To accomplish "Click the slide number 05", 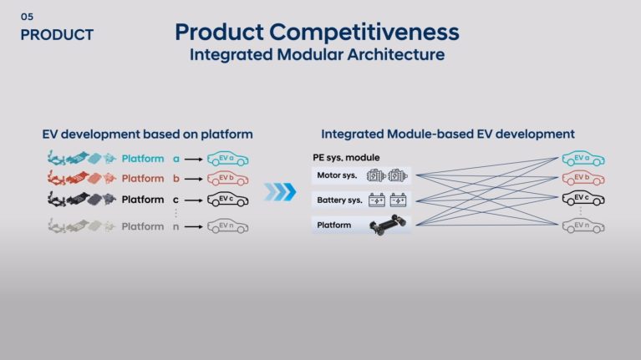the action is click(27, 17).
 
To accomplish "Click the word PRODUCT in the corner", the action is click(57, 35).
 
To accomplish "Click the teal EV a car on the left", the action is click(227, 159).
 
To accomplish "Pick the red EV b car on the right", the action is click(583, 178).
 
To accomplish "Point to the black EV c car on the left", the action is click(227, 200).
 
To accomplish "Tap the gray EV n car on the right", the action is click(583, 226).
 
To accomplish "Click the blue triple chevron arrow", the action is click(280, 192).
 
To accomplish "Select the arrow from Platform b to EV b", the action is click(193, 179).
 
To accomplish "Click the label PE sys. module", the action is click(346, 157).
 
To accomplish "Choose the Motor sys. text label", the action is click(337, 175).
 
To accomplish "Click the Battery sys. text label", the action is click(339, 200).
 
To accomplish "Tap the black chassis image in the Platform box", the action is click(389, 225).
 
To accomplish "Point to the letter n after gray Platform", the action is click(176, 227).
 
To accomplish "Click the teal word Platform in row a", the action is click(143, 159).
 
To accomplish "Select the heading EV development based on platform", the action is click(148, 134).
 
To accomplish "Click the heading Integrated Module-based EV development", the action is click(448, 134).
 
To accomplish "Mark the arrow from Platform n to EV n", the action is click(193, 227).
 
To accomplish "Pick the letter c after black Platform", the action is click(176, 200).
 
